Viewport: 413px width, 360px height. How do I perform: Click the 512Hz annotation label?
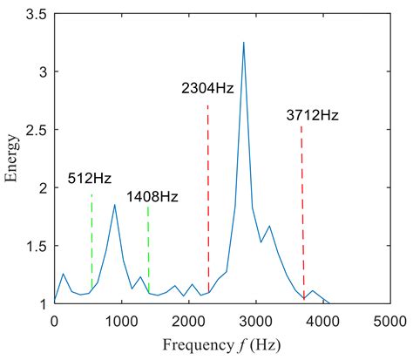click(90, 180)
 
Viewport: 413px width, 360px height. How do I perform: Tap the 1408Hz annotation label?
click(152, 197)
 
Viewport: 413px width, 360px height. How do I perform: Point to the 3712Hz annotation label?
click(312, 114)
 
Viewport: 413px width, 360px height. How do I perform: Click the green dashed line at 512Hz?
click(91, 253)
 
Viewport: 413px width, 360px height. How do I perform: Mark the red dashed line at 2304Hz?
click(208, 200)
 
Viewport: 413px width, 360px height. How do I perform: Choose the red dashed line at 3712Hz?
click(302, 218)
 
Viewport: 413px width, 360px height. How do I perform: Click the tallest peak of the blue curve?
click(244, 43)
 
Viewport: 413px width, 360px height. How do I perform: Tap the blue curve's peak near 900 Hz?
click(114, 205)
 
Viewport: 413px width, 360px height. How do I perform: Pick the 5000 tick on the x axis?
click(391, 319)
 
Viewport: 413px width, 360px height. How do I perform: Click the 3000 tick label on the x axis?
click(256, 319)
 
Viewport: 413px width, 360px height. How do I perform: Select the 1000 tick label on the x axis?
click(121, 319)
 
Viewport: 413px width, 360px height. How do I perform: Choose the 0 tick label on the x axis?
click(54, 319)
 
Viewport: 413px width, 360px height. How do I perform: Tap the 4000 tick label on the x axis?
click(324, 319)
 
